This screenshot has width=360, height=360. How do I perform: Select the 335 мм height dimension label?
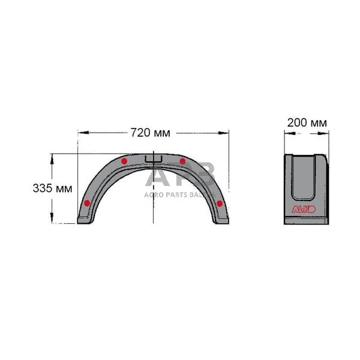coord(52,188)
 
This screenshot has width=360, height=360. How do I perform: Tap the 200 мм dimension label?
coord(307,122)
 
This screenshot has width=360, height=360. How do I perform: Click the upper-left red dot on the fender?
coord(124,161)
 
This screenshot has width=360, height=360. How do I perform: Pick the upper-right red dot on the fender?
coord(182,161)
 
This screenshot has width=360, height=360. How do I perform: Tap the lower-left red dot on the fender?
coord(88,203)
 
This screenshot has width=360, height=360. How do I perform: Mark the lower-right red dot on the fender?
coord(220,203)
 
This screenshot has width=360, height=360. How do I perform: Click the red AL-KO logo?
coord(306,209)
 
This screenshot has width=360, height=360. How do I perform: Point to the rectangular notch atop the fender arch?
coord(154,159)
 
